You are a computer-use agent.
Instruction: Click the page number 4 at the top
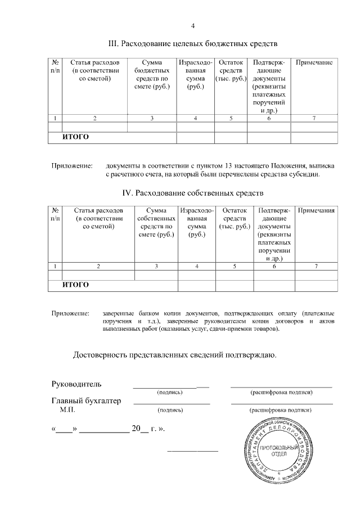[x=192, y=26]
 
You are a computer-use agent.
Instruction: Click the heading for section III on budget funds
[x=193, y=43]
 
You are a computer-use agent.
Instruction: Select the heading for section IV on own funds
[x=193, y=193]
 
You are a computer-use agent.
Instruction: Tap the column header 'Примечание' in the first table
[x=314, y=62]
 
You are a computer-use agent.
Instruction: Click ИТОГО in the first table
[x=75, y=137]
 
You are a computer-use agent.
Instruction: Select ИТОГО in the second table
[x=75, y=285]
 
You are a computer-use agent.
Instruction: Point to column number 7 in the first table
[x=314, y=118]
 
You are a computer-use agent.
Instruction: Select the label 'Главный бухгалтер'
[x=86, y=401]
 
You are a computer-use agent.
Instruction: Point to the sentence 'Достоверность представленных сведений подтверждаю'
[x=174, y=355]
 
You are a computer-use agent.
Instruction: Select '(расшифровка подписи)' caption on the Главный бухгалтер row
[x=281, y=410]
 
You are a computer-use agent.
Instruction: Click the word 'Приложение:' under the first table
[x=71, y=166]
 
